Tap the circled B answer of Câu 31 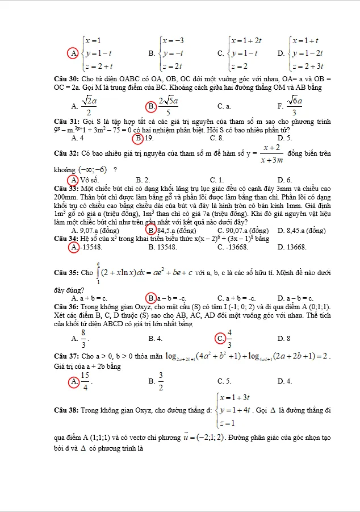pos(137,138)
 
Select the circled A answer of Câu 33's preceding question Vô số pos(74,180)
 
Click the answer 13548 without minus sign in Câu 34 pos(162,247)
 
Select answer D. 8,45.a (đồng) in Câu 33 pos(302,230)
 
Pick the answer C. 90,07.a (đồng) pos(242,230)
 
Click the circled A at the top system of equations pos(73,53)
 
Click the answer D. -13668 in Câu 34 pos(292,247)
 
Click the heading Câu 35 pos(66,273)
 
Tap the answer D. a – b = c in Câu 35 pos(295,298)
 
